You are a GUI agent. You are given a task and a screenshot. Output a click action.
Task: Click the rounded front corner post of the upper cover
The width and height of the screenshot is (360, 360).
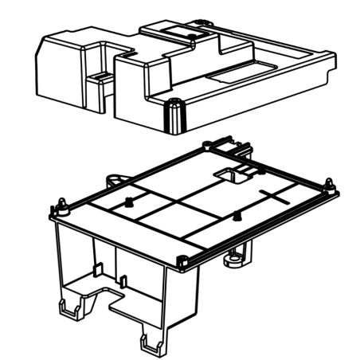pyautogui.click(x=169, y=115)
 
